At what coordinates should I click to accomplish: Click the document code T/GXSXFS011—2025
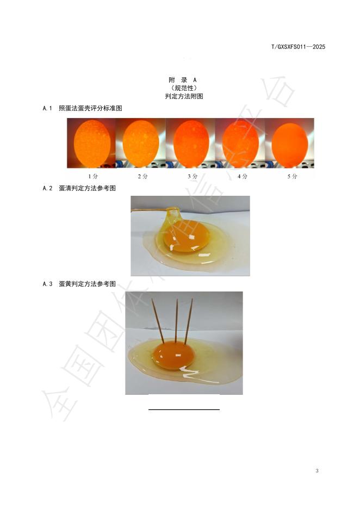tap(298, 47)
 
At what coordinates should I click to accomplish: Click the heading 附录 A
tap(182, 80)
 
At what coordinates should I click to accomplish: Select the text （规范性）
tap(184, 88)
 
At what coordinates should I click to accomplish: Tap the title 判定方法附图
tap(184, 96)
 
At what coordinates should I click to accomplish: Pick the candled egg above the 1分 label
tap(92, 144)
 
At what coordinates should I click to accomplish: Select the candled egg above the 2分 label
tap(140, 144)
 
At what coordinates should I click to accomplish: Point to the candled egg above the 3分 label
tap(191, 144)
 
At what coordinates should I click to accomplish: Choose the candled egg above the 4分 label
tap(240, 144)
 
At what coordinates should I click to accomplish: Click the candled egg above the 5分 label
tap(289, 145)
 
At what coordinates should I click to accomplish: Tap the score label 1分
tap(93, 176)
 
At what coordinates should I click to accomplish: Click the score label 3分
tap(193, 176)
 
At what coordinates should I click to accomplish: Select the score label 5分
tap(292, 176)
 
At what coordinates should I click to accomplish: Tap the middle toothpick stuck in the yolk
tap(177, 320)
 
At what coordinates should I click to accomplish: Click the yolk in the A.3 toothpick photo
tap(173, 356)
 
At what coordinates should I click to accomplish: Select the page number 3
tap(317, 471)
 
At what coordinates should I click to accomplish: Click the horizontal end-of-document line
tap(184, 409)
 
